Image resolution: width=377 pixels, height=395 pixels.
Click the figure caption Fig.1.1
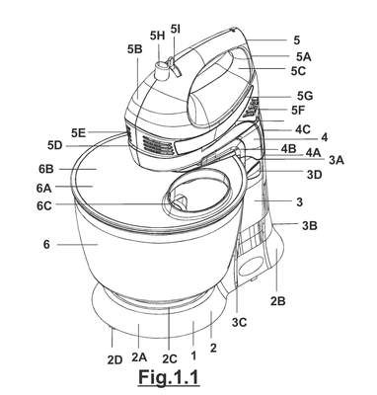coord(169,377)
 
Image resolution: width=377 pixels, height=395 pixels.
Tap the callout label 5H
coord(157,36)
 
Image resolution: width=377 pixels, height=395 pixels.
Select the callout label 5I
coord(176,29)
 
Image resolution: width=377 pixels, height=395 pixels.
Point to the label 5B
coord(134,49)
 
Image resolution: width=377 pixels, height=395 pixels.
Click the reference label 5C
coord(298,71)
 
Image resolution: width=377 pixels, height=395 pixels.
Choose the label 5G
coord(305,96)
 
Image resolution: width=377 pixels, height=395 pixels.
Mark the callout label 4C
coord(303,129)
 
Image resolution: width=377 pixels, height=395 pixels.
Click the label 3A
coord(337,160)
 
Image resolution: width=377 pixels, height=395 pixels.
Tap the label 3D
coord(314,175)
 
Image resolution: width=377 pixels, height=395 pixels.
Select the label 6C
coord(44,206)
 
